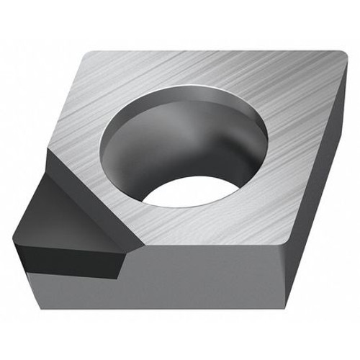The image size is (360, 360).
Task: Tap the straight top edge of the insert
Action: point(216,51)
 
